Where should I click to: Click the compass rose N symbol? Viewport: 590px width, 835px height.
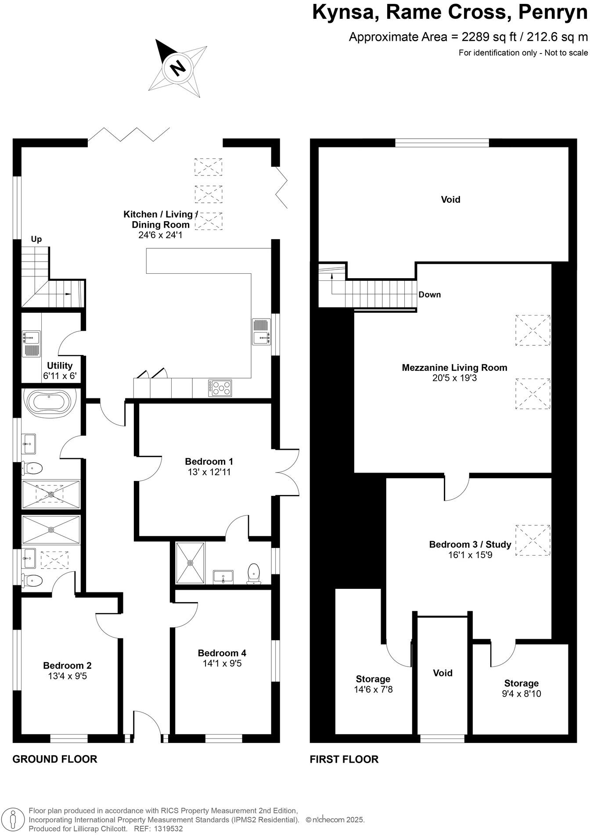coord(178,68)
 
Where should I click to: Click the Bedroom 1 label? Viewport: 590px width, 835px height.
coord(209,462)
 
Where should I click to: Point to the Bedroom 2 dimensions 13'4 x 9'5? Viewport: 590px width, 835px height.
coord(67,676)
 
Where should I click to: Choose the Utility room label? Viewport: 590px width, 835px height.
coord(60,366)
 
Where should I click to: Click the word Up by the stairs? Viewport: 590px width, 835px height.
coord(36,239)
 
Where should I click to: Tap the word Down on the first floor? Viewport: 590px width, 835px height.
coord(429,294)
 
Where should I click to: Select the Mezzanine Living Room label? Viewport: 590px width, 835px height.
coord(454,368)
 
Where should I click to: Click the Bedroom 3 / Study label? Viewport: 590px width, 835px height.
coord(470,545)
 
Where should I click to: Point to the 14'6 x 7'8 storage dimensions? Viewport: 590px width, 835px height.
coord(373,689)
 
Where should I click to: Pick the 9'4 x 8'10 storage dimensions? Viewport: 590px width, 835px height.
coord(521,694)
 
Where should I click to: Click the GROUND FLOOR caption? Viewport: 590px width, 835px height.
coord(54,759)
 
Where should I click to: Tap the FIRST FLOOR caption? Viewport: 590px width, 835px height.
coord(344,759)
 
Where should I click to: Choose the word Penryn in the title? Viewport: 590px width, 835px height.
coord(552,12)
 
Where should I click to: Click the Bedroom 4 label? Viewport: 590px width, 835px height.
coord(222,653)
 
